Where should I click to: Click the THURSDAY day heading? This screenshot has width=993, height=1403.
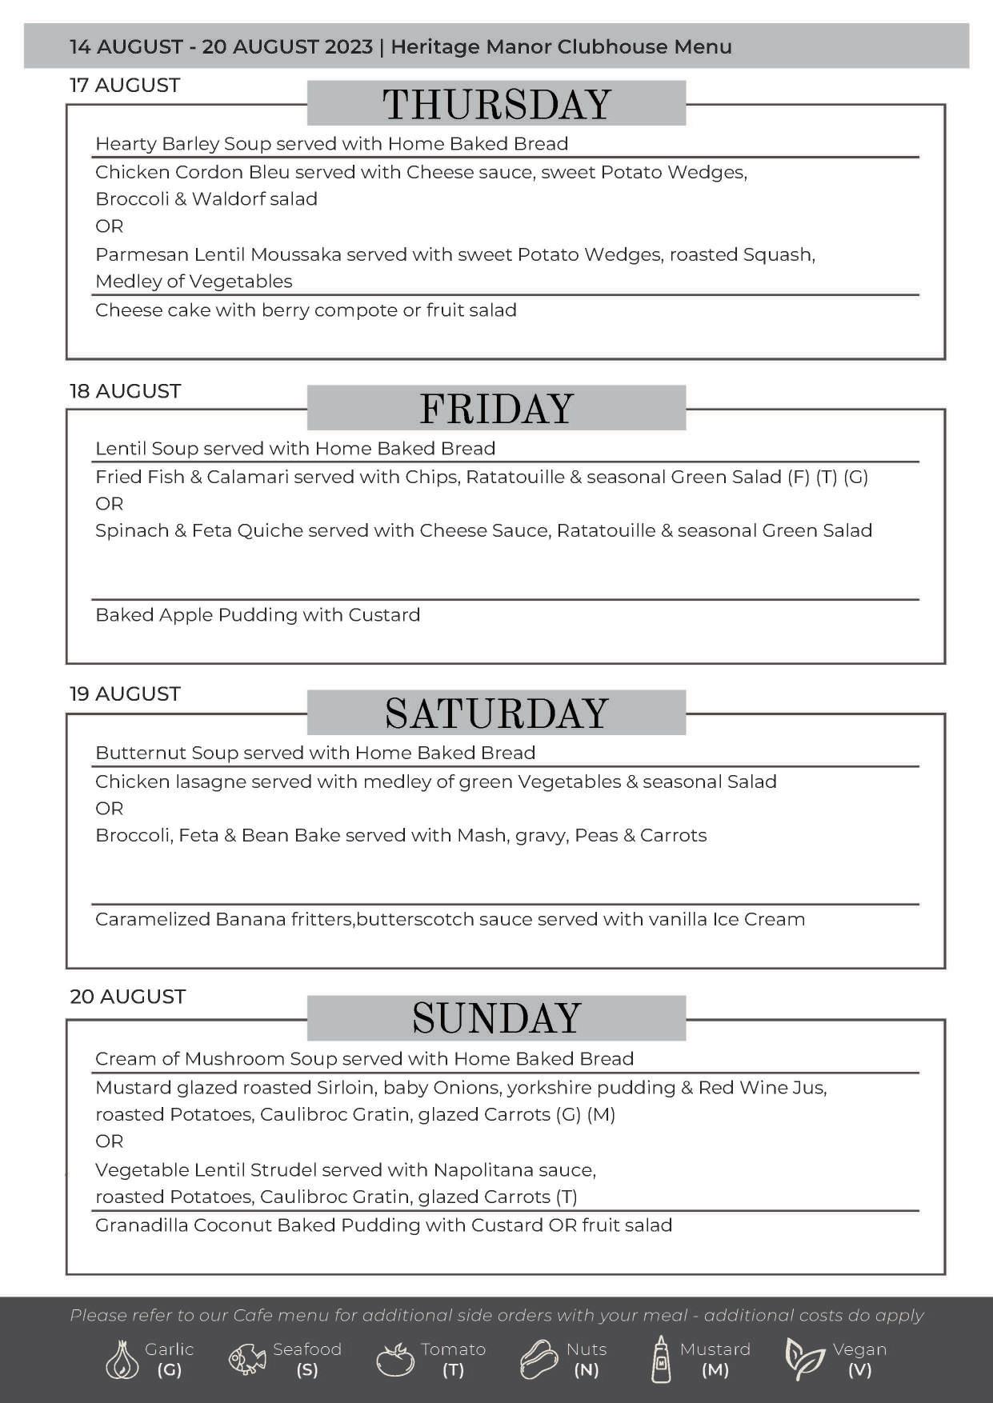point(496,104)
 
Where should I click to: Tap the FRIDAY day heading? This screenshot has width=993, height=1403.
point(496,409)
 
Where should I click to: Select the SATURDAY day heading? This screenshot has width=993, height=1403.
point(496,713)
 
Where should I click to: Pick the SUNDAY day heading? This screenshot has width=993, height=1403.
point(496,1018)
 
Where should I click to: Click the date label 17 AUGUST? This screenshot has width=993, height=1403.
point(125,86)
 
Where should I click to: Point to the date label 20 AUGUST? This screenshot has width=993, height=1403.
point(127,997)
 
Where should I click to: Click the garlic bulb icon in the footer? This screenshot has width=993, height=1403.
point(122,1359)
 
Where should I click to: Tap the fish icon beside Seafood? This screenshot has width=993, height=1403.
point(247,1359)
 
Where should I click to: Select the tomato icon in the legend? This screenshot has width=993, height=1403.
point(394,1359)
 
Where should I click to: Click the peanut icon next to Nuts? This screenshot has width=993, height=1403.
point(539,1359)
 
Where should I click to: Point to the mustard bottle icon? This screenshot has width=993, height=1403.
point(661,1359)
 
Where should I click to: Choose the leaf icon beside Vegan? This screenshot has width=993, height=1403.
point(803,1359)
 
